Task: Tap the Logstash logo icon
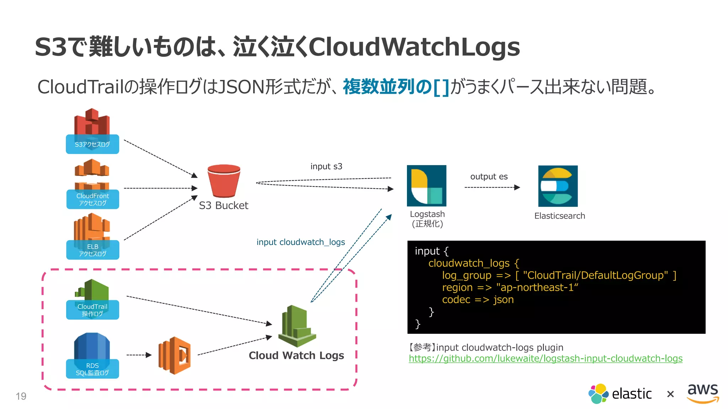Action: (x=426, y=186)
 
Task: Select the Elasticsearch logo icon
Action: (x=557, y=186)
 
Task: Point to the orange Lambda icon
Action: (x=175, y=355)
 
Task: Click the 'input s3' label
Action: (x=326, y=167)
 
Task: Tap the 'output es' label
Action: (x=489, y=177)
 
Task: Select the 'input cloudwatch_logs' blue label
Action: (x=301, y=242)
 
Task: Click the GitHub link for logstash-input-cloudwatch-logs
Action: (x=545, y=359)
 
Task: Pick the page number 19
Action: (x=21, y=396)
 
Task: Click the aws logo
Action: (x=702, y=393)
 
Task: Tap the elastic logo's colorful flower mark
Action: (x=598, y=393)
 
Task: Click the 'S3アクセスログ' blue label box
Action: (x=92, y=144)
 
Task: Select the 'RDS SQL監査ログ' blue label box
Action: (x=92, y=369)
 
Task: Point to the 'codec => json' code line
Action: (x=477, y=300)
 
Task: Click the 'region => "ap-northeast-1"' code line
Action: (x=510, y=288)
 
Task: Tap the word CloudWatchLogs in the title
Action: (x=414, y=47)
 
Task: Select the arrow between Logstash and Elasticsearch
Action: (x=492, y=187)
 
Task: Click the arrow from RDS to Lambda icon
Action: (x=139, y=355)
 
